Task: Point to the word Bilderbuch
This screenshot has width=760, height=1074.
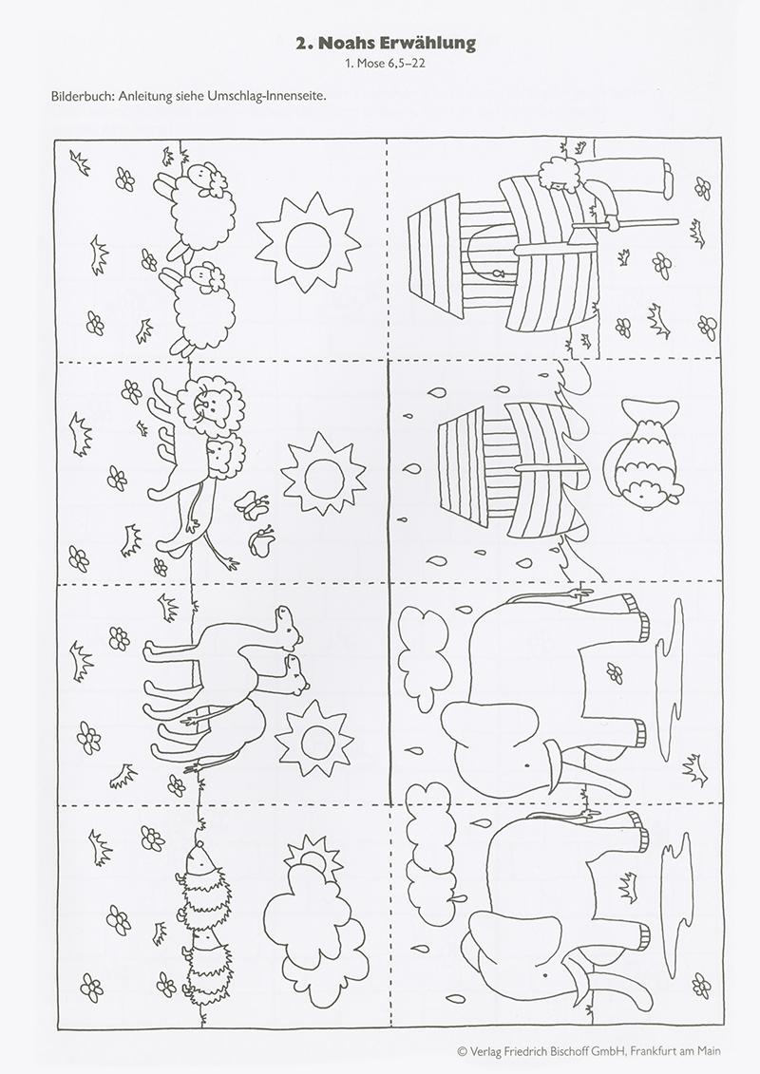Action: click(x=81, y=96)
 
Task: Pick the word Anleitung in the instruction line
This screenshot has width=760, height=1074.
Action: click(x=145, y=96)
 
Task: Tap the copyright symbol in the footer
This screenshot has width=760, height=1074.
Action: click(x=461, y=1051)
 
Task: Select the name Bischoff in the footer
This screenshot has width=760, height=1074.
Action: click(x=567, y=1051)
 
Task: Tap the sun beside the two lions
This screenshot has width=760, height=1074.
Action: click(x=321, y=474)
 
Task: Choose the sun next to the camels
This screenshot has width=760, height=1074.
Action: click(x=314, y=739)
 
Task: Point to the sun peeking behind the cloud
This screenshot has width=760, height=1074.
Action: click(x=311, y=856)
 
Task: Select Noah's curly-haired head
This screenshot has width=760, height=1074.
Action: click(x=554, y=176)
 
